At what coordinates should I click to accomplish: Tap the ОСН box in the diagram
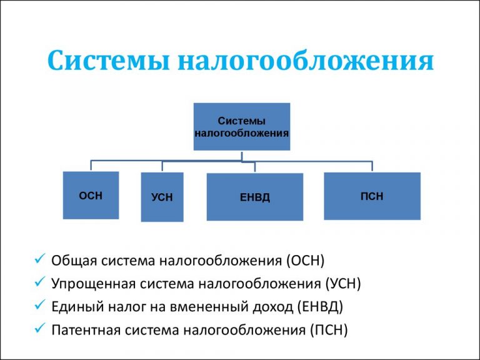[91, 195]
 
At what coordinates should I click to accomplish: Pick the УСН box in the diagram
[162, 197]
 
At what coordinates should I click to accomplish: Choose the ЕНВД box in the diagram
[254, 197]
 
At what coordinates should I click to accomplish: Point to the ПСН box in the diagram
[372, 196]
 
